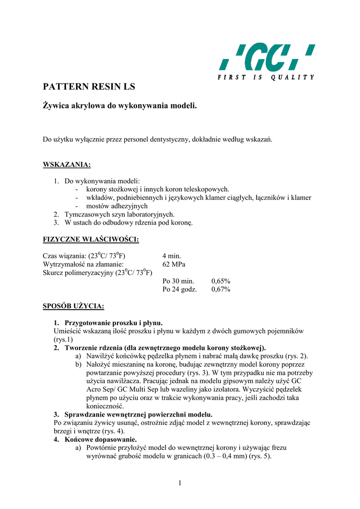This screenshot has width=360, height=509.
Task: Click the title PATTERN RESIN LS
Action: [89, 86]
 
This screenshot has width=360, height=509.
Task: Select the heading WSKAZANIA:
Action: [67, 164]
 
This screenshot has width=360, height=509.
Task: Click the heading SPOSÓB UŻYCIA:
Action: [74, 306]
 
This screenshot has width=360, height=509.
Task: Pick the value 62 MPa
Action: [174, 264]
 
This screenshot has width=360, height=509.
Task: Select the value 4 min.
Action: [172, 256]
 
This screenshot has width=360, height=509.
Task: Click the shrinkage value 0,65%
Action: [221, 281]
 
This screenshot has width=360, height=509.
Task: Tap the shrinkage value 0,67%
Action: [221, 289]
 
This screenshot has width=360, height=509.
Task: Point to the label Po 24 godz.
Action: [180, 289]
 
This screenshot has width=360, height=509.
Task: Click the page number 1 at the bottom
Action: [180, 484]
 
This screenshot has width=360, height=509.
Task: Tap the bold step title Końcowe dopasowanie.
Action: [100, 439]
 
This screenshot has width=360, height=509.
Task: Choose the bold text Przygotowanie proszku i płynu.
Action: [113, 323]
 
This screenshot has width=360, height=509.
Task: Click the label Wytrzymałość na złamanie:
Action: [83, 264]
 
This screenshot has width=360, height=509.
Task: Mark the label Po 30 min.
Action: [178, 281]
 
